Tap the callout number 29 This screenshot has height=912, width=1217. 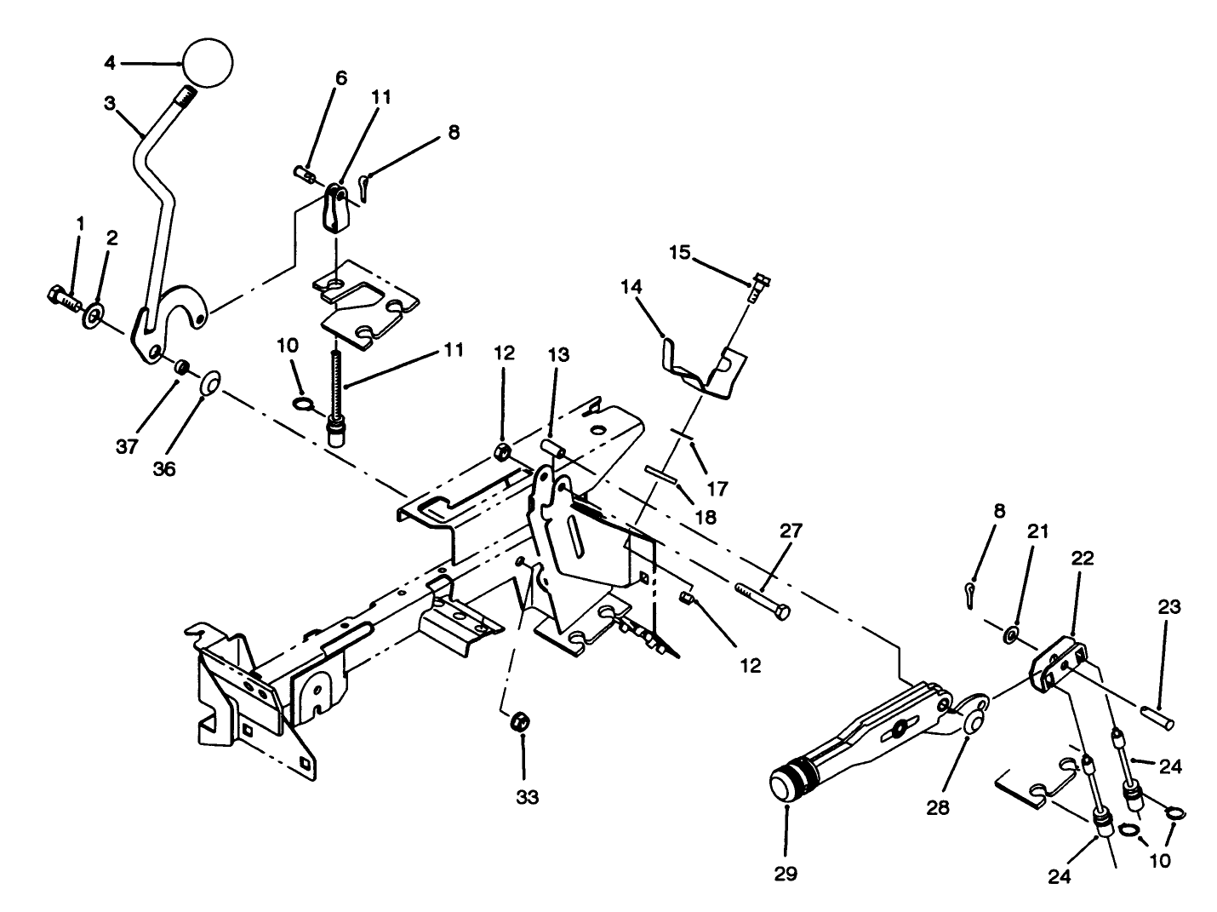pyautogui.click(x=786, y=874)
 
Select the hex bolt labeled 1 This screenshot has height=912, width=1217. pyautogui.click(x=63, y=300)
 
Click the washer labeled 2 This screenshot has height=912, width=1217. pyautogui.click(x=92, y=318)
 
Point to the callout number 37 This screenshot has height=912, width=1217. pyautogui.click(x=127, y=448)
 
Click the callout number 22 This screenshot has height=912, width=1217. pyautogui.click(x=1083, y=559)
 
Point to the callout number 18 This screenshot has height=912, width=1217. pyautogui.click(x=705, y=516)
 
